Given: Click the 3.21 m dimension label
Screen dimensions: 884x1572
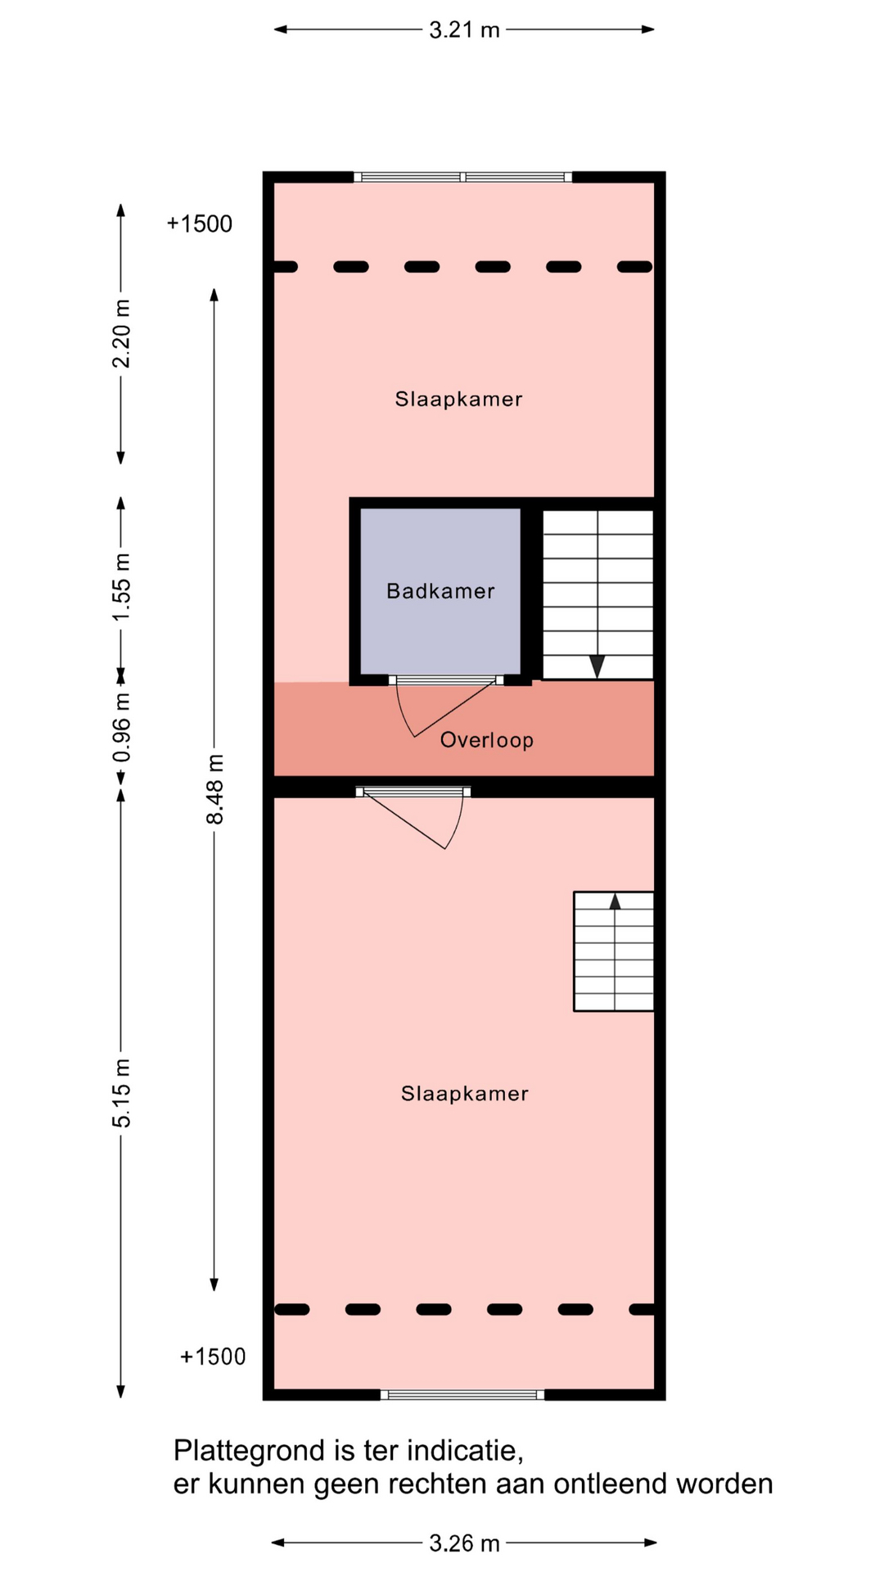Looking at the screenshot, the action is coord(464,30).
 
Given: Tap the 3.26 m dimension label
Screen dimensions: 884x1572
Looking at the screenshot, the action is coord(464,1543).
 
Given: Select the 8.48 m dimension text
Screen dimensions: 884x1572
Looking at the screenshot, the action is coord(214,789).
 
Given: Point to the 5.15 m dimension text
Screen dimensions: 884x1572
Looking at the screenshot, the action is coord(121,1092).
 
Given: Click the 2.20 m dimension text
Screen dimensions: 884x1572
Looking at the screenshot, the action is coord(121,334).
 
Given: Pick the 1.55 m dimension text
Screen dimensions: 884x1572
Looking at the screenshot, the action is coord(121,587).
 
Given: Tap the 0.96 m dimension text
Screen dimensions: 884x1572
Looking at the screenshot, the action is coord(121,727).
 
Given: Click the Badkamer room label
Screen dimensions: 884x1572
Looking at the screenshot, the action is coord(440,591).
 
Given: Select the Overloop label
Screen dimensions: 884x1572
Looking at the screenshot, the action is coord(487,740).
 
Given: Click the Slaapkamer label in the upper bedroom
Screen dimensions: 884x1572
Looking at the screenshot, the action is coord(458,399).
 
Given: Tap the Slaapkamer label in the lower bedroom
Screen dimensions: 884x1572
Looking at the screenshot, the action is coord(465,1094).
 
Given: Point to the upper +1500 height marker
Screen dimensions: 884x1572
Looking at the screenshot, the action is coord(200,224).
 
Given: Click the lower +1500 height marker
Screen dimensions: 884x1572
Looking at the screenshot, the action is coord(213,1357).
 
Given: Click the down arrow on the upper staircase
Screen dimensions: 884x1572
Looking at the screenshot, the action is coord(598,666).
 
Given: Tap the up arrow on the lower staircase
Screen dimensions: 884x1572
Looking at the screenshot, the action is coord(615,901).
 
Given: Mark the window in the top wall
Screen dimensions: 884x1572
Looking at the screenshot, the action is coord(462,177).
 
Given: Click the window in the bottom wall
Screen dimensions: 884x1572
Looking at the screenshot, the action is coord(462,1395).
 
